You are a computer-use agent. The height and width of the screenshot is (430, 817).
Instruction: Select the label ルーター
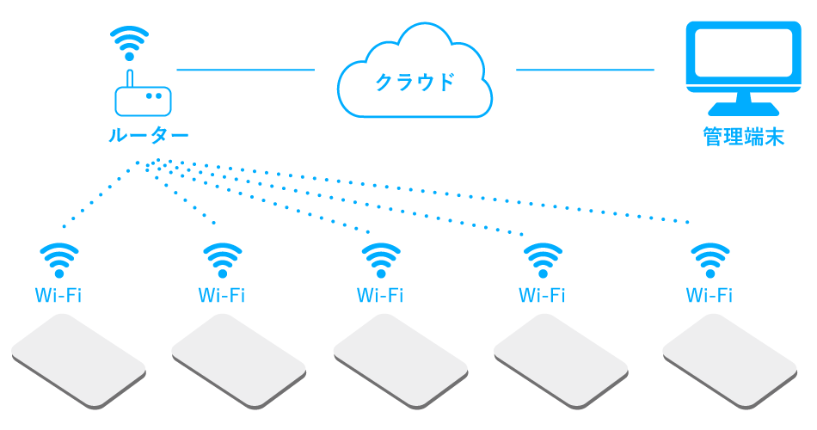pos(149,136)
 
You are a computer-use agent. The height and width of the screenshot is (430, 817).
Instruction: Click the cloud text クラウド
pos(414,83)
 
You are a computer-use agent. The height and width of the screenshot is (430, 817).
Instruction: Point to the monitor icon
pos(743,65)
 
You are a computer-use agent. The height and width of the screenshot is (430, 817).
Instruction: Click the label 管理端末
pos(743,137)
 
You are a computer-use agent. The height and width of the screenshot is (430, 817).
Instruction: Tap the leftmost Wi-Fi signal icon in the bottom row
pos(59,258)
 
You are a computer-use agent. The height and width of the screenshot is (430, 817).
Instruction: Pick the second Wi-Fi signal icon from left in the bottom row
pos(222,258)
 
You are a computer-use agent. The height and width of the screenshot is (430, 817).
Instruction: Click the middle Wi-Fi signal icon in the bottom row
pos(380,258)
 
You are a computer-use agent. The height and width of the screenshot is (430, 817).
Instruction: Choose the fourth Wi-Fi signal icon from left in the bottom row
pos(543,258)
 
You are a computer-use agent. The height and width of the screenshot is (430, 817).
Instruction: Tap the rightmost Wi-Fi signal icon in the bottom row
pos(710,258)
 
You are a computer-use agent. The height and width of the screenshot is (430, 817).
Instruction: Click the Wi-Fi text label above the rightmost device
pos(709,296)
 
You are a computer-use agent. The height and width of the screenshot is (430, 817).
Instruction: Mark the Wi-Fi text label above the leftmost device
pos(58,296)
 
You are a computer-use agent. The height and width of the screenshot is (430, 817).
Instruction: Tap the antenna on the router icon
pos(130,79)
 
